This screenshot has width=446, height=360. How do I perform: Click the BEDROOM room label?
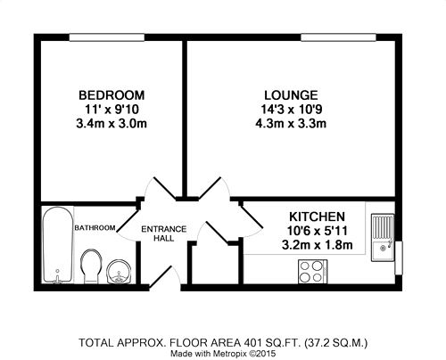click(x=111, y=95)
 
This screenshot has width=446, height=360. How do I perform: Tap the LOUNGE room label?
click(x=291, y=95)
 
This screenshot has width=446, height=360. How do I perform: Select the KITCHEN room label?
click(x=317, y=217)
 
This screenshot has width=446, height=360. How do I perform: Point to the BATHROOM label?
click(x=95, y=228)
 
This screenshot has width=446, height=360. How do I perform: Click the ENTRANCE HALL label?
click(x=164, y=233)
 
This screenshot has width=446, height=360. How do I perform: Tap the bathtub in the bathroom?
click(x=57, y=244)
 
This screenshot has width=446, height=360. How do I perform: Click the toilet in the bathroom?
click(x=91, y=266)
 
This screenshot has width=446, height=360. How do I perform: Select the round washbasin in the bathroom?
click(x=119, y=272)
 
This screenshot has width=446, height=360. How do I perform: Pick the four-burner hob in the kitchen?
click(x=313, y=272)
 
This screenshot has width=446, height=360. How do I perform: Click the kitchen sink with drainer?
click(x=383, y=237)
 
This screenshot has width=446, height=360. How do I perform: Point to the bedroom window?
click(x=107, y=37)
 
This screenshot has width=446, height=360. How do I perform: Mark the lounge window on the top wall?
click(x=338, y=37)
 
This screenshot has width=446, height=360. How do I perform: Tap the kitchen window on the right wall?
click(x=399, y=258)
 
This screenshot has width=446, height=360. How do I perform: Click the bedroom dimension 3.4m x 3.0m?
click(x=111, y=123)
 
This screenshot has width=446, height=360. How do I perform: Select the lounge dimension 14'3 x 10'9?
click(x=291, y=109)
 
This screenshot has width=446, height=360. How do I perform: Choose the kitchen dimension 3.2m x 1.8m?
click(x=317, y=245)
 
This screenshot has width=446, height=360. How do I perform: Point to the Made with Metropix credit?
click(x=223, y=354)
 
